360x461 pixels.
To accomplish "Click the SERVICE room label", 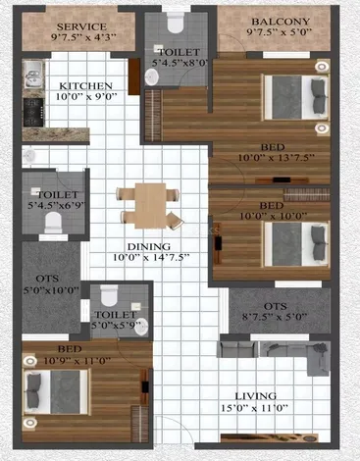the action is (x=81, y=26).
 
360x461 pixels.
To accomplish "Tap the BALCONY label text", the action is (x=281, y=22).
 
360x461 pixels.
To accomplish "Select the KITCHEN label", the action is (x=85, y=86).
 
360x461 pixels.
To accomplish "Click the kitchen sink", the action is (x=33, y=75).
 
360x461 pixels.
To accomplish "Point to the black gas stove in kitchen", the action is (x=33, y=112).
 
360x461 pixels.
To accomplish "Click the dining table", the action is (x=150, y=206).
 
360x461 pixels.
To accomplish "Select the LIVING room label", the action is (x=256, y=396).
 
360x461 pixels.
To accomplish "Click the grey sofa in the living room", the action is (x=274, y=353).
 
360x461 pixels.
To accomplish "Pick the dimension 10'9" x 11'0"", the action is (x=77, y=361).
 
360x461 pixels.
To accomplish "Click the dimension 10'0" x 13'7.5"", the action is (x=276, y=158).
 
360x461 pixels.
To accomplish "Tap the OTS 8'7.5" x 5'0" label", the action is (x=275, y=312).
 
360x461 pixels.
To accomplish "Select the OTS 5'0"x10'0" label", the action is (x=51, y=284).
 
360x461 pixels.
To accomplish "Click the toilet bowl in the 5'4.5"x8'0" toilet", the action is (x=176, y=23).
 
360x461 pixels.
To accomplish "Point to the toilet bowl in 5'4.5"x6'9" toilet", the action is (x=53, y=222).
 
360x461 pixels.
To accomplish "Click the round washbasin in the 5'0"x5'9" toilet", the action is (x=141, y=327).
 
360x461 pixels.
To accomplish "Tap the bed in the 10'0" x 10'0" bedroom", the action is (x=296, y=244).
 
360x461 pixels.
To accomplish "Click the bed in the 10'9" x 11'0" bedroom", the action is (x=56, y=392).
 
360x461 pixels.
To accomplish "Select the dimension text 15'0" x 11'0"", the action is (x=254, y=408).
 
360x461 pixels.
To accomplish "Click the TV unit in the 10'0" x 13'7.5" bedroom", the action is (x=282, y=179).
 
